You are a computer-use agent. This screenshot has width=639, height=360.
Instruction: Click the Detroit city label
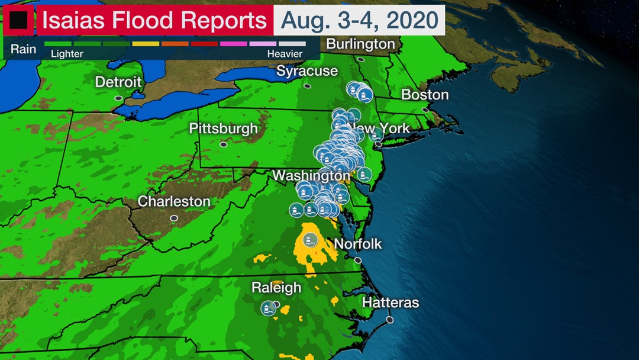click(x=118, y=82)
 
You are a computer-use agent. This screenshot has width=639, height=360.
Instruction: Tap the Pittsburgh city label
click(x=223, y=128)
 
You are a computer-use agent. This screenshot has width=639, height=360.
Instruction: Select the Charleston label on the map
click(x=174, y=201)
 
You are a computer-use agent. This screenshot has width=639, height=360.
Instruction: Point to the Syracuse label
click(x=307, y=71)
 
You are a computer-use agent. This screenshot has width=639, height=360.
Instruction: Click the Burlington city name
click(x=360, y=44)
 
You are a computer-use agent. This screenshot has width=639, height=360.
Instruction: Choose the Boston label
click(x=425, y=95)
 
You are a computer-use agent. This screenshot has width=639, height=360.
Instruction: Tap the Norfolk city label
click(x=358, y=244)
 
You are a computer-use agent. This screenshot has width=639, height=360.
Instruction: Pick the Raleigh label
click(x=276, y=288)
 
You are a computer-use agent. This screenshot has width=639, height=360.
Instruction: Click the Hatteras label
click(x=390, y=303)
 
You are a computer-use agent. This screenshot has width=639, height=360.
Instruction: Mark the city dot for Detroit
click(x=118, y=98)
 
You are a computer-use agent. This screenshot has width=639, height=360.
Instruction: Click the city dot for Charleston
click(x=174, y=218)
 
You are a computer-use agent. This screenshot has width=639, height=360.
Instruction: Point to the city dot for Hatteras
click(x=389, y=320)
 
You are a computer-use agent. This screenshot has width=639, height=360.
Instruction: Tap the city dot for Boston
click(x=425, y=110)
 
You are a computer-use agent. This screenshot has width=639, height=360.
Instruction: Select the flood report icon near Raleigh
click(x=269, y=308)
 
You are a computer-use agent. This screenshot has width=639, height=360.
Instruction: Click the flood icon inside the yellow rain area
click(x=309, y=240)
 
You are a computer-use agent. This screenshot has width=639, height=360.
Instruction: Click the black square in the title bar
click(x=18, y=21)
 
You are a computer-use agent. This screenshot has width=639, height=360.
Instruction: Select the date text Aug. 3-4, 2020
click(x=363, y=20)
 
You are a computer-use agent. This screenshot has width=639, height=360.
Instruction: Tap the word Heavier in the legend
click(x=285, y=54)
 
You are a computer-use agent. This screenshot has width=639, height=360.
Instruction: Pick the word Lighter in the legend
click(x=67, y=54)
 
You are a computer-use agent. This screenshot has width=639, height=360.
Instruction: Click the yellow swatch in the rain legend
click(x=146, y=44)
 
